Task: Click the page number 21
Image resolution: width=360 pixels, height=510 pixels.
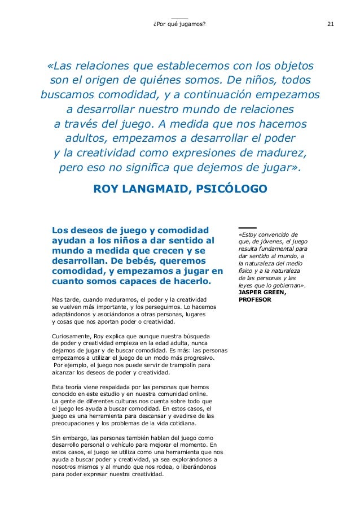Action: point(331,24)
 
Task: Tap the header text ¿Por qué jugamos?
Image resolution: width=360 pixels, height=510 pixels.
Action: point(180,24)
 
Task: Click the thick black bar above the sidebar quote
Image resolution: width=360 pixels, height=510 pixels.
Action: point(247,228)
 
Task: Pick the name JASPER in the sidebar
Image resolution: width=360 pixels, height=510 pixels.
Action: point(252,292)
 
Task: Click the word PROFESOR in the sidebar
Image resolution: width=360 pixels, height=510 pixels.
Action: point(255,299)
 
